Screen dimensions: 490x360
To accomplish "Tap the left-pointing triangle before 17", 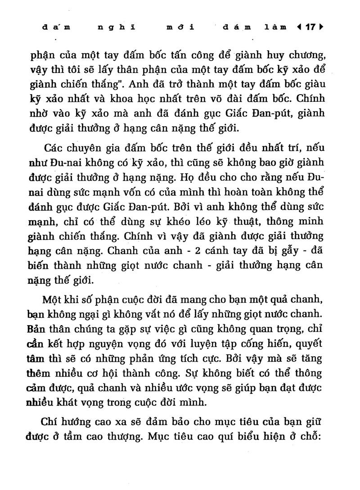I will click(x=300, y=27).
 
